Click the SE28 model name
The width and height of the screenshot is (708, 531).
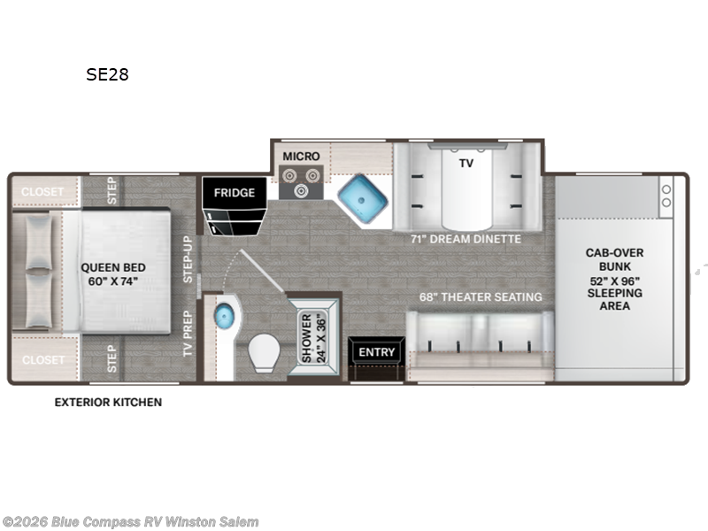(x=107, y=74)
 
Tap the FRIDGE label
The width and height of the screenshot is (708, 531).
(x=235, y=193)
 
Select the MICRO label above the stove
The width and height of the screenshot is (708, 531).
(x=301, y=157)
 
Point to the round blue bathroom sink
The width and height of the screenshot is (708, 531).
(x=224, y=316)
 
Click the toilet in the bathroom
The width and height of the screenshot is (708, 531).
(x=264, y=352)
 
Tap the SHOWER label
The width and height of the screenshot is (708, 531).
(x=306, y=338)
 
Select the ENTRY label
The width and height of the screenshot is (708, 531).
(x=377, y=351)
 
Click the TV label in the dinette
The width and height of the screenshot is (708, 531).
(x=466, y=163)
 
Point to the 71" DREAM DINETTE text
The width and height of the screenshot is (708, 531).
(x=466, y=239)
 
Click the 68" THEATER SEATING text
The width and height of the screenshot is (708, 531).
(x=481, y=296)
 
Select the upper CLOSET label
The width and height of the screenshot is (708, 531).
(x=42, y=192)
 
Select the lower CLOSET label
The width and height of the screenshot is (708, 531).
(x=43, y=360)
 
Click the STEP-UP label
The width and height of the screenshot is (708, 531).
(x=188, y=259)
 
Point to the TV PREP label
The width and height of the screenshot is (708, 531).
(x=188, y=334)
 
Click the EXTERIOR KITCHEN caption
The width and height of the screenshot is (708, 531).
(x=108, y=403)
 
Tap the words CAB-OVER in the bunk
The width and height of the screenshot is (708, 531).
(x=614, y=253)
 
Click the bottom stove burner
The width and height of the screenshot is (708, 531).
(x=301, y=191)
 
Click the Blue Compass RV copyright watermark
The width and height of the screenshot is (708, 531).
(x=129, y=522)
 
